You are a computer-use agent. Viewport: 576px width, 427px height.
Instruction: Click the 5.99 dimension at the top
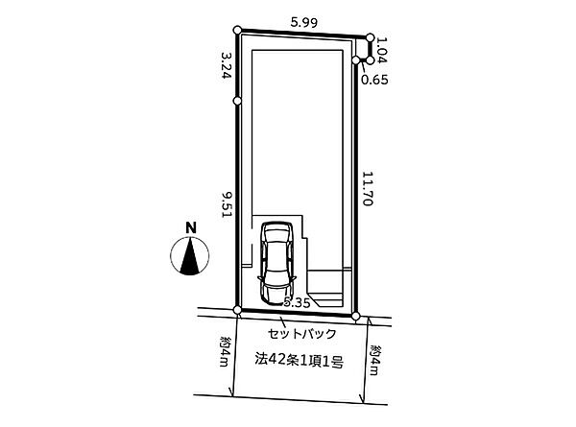pyautogui.click(x=303, y=23)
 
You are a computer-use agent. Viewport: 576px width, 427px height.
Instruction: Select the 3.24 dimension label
pyautogui.click(x=226, y=65)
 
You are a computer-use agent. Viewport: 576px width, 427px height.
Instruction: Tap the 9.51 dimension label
pyautogui.click(x=226, y=205)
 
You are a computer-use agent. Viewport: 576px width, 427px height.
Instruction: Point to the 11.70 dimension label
pyautogui.click(x=368, y=189)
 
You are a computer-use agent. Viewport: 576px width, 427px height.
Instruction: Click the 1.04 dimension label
pyautogui.click(x=382, y=50)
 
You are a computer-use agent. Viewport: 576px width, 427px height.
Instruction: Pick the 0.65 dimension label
pyautogui.click(x=374, y=80)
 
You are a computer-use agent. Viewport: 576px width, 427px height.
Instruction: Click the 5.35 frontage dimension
pyautogui.click(x=298, y=303)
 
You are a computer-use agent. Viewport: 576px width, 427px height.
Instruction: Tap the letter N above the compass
pyautogui.click(x=191, y=228)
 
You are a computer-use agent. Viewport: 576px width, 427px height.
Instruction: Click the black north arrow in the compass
pyautogui.click(x=190, y=256)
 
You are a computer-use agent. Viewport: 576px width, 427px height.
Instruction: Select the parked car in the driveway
pyautogui.click(x=276, y=263)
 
